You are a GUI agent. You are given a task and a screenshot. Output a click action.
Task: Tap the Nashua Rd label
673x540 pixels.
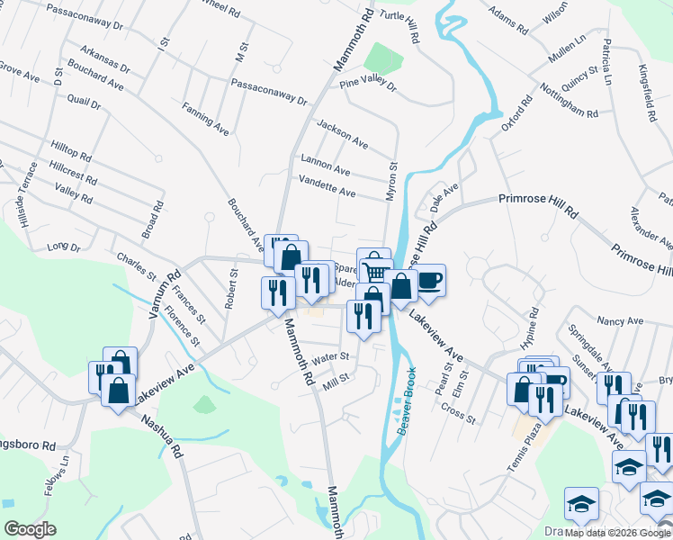coord(161,435)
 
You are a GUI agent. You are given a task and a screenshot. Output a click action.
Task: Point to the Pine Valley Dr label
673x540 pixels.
coord(368,85)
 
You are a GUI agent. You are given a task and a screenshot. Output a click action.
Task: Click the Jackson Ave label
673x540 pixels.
coord(341,132)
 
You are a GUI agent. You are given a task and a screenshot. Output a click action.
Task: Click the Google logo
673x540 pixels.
coord(30,528)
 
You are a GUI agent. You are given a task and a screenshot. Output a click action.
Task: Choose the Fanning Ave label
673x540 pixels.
coord(205,120)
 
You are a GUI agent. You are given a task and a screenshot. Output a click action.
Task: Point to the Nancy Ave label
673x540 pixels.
coord(621,321)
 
